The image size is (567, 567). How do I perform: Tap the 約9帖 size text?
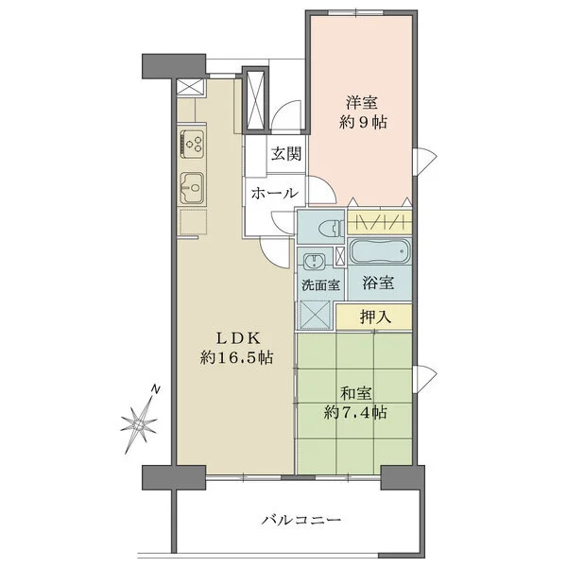click(364, 123)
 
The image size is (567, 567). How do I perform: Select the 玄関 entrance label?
click(287, 154)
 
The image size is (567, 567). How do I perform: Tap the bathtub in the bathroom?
click(379, 253)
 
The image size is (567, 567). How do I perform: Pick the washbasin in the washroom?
click(313, 260)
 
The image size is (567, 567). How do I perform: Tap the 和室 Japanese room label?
click(355, 391)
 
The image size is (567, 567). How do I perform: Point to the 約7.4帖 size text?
click(355, 412)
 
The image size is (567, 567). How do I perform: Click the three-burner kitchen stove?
click(195, 145)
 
